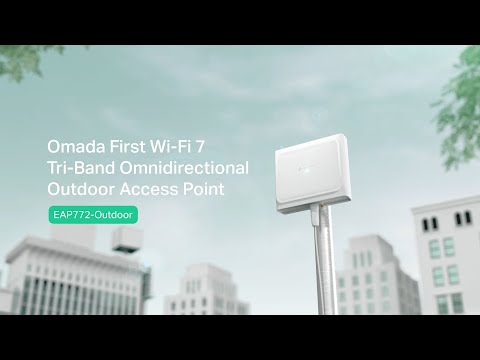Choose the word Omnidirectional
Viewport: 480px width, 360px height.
(189, 165)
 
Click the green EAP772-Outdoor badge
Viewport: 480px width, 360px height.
(95, 214)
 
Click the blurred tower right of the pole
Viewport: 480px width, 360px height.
(358, 270)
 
